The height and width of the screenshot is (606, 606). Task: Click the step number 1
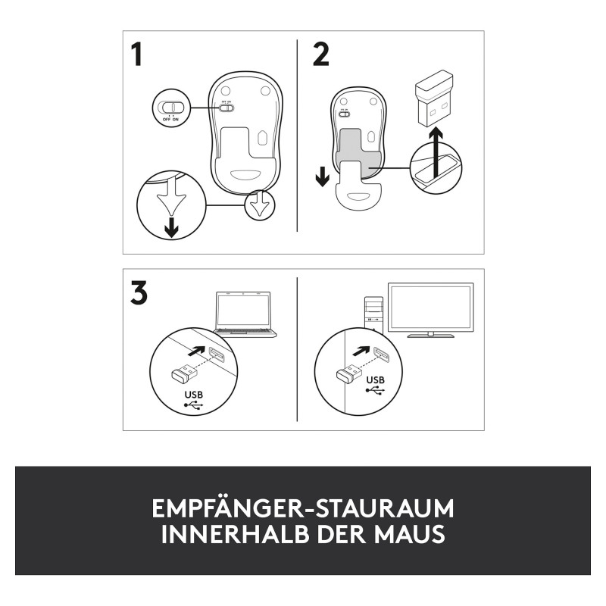point(136,54)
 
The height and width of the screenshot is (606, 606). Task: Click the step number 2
point(320,54)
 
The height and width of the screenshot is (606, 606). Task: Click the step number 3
point(139,292)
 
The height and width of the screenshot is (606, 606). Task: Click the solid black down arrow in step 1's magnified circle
point(171,228)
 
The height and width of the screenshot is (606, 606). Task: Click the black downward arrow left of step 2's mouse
point(323,178)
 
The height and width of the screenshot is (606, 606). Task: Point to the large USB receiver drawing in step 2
point(434,98)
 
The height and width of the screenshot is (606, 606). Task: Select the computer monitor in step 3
point(431,311)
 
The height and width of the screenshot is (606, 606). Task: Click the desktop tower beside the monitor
point(373,315)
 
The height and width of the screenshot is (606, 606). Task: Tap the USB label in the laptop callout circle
point(194,395)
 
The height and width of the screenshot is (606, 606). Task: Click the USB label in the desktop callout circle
point(375,380)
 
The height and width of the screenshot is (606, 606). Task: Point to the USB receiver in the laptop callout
point(184,373)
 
